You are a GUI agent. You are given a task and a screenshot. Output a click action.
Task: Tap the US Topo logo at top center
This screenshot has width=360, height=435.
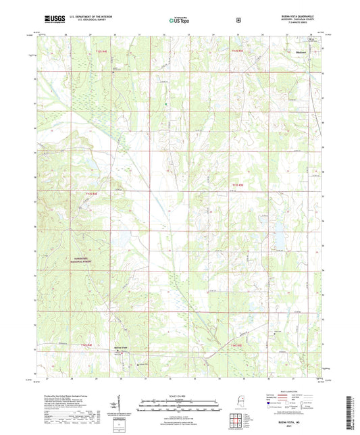click(180, 21)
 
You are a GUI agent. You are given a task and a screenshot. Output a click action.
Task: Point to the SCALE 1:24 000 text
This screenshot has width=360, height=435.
click(179, 396)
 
